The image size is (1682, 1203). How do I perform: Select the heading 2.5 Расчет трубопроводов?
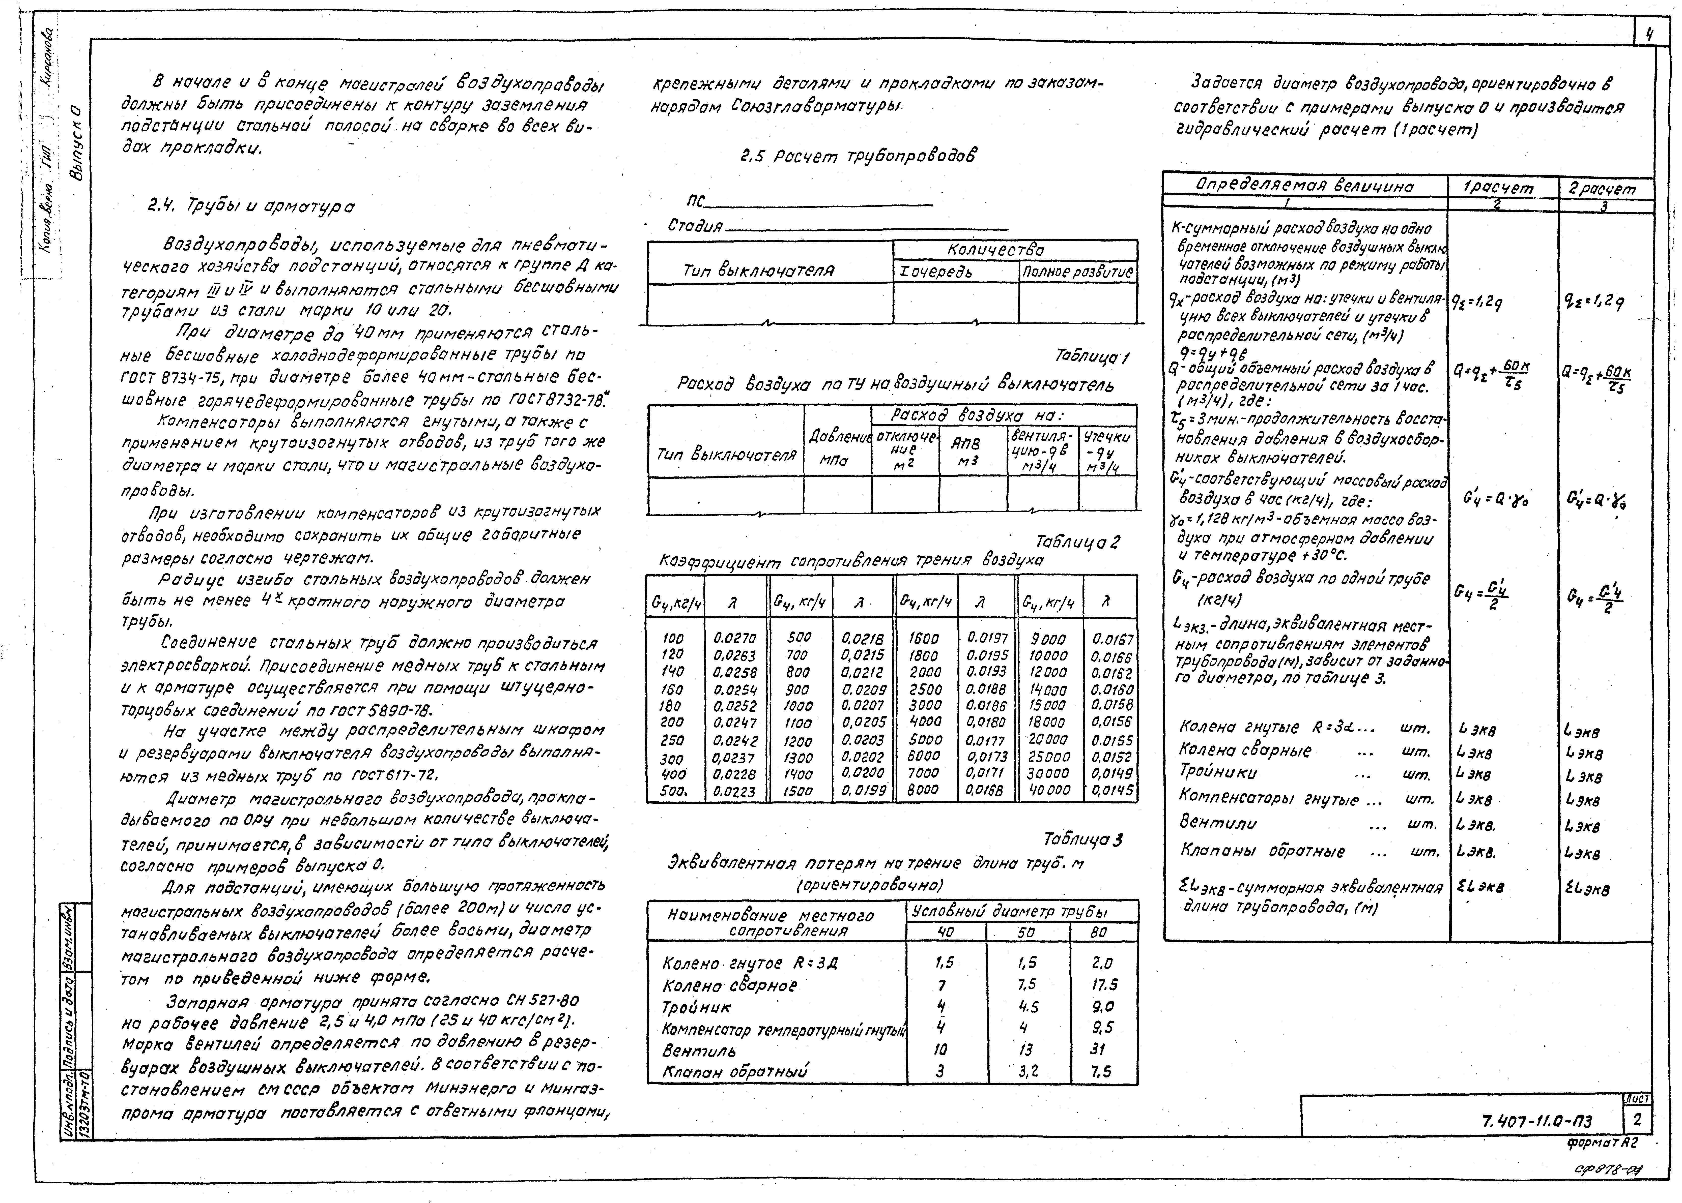pos(858,156)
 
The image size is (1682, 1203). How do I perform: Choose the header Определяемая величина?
pos(1304,185)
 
